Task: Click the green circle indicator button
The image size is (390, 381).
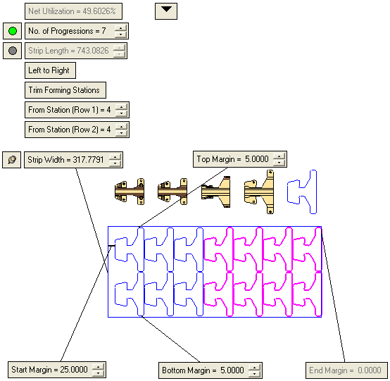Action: click(13, 31)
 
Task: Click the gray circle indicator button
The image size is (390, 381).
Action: click(13, 51)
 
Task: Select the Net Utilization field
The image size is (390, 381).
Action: click(73, 11)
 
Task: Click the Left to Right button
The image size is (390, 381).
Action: click(50, 70)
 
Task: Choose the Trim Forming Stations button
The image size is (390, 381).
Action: click(65, 90)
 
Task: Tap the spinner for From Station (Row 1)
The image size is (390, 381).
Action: click(121, 110)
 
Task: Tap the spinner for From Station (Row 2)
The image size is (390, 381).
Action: click(121, 130)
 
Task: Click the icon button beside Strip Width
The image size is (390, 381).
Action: click(12, 160)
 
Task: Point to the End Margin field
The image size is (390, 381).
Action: click(346, 370)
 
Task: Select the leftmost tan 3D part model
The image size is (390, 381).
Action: click(130, 192)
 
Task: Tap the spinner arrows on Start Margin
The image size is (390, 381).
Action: click(99, 370)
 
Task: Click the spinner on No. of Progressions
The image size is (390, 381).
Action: click(120, 31)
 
